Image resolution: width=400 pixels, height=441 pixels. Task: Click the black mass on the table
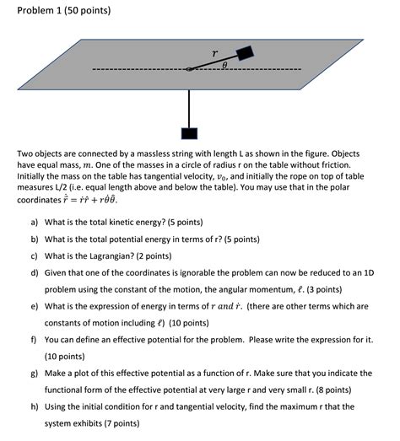point(245,53)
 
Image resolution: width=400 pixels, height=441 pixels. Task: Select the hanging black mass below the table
point(188,133)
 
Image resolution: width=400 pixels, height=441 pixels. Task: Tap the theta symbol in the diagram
point(224,63)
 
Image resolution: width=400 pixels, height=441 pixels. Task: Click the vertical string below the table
point(188,101)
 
